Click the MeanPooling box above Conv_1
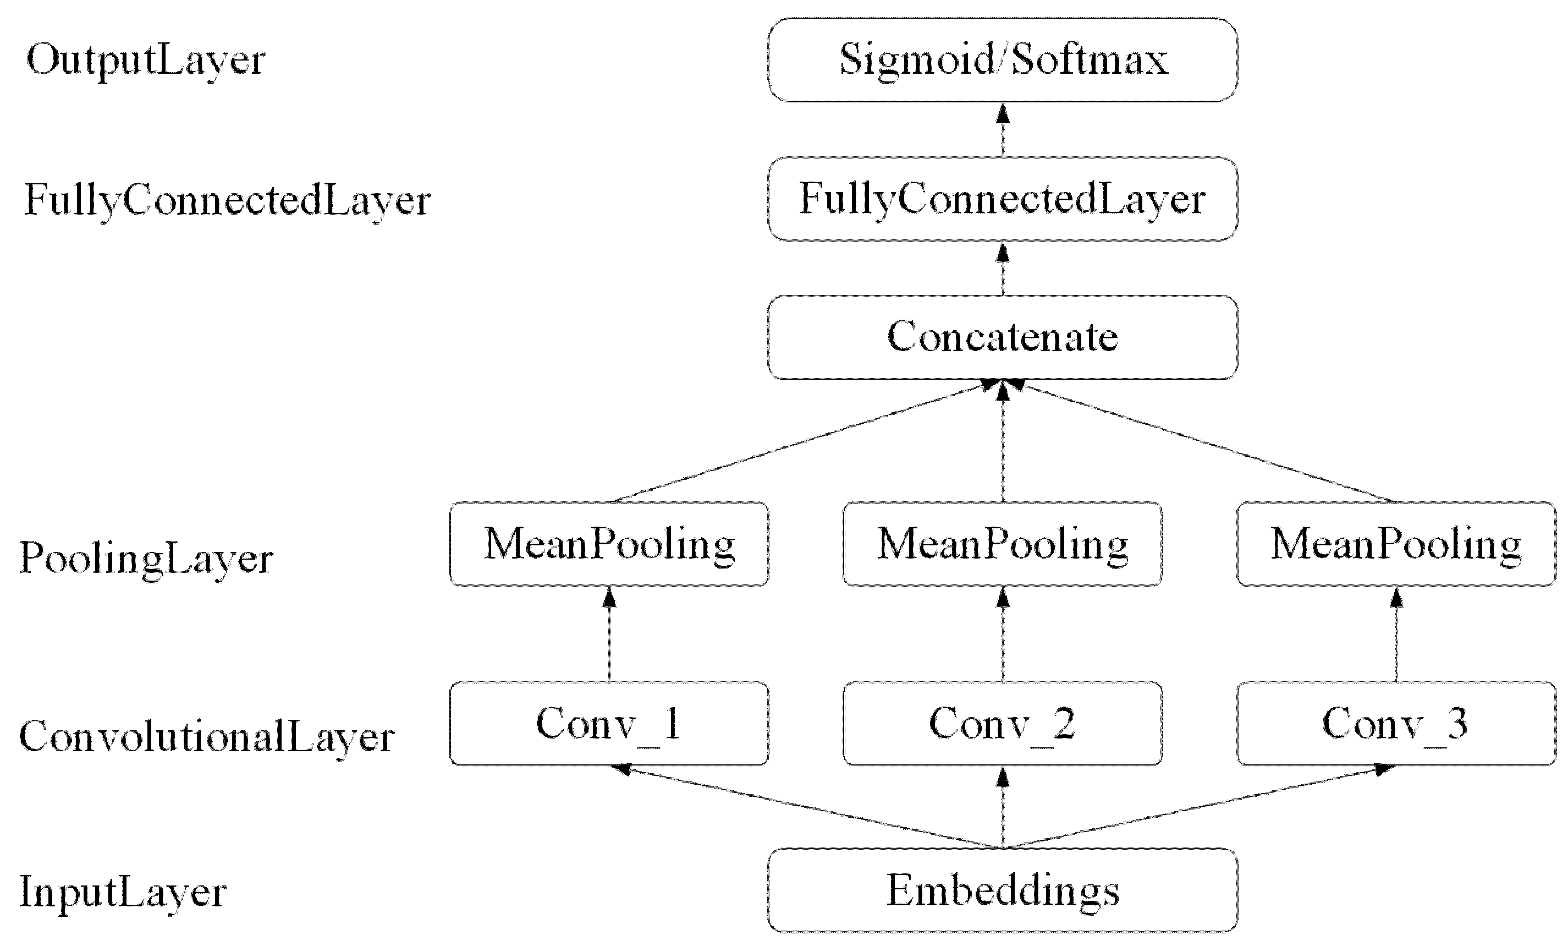coord(609,544)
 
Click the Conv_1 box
coord(609,723)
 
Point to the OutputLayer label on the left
coord(145,61)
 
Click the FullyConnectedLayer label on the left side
coord(227,200)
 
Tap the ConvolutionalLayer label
coord(207,737)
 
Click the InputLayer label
coord(123,892)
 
